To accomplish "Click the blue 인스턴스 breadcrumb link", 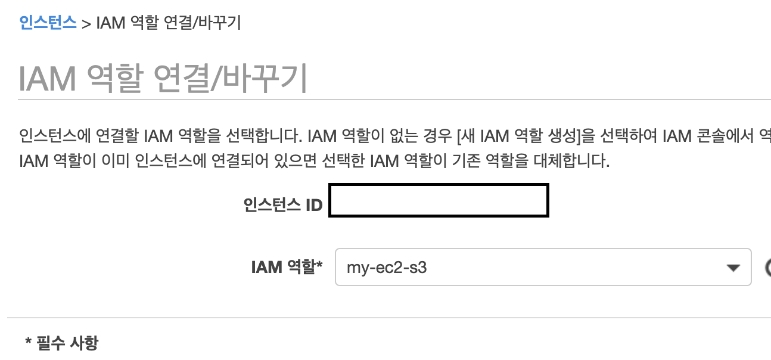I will click(x=48, y=23).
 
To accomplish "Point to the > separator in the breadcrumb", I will click(x=86, y=24).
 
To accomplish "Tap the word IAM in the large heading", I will click(x=48, y=78).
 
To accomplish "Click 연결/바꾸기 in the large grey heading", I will click(x=231, y=78).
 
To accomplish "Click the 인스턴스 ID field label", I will click(x=283, y=206).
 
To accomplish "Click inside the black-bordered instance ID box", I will click(x=439, y=201).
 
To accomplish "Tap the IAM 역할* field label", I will click(x=287, y=267).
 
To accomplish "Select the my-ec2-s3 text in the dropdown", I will click(x=387, y=268).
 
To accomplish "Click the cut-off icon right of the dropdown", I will click(x=767, y=268).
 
